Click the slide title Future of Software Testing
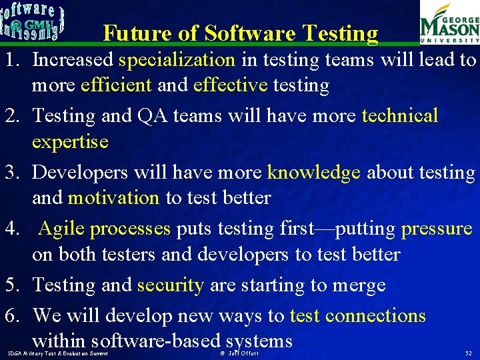click(241, 33)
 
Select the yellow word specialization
click(177, 60)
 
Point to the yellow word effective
click(230, 86)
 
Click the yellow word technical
click(400, 116)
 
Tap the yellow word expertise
click(70, 142)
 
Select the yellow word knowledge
click(314, 173)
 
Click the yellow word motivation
click(113, 198)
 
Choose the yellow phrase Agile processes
click(105, 229)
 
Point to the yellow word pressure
click(437, 229)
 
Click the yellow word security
click(170, 285)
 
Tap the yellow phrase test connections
click(358, 315)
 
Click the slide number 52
click(468, 352)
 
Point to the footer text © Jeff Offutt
click(239, 352)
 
